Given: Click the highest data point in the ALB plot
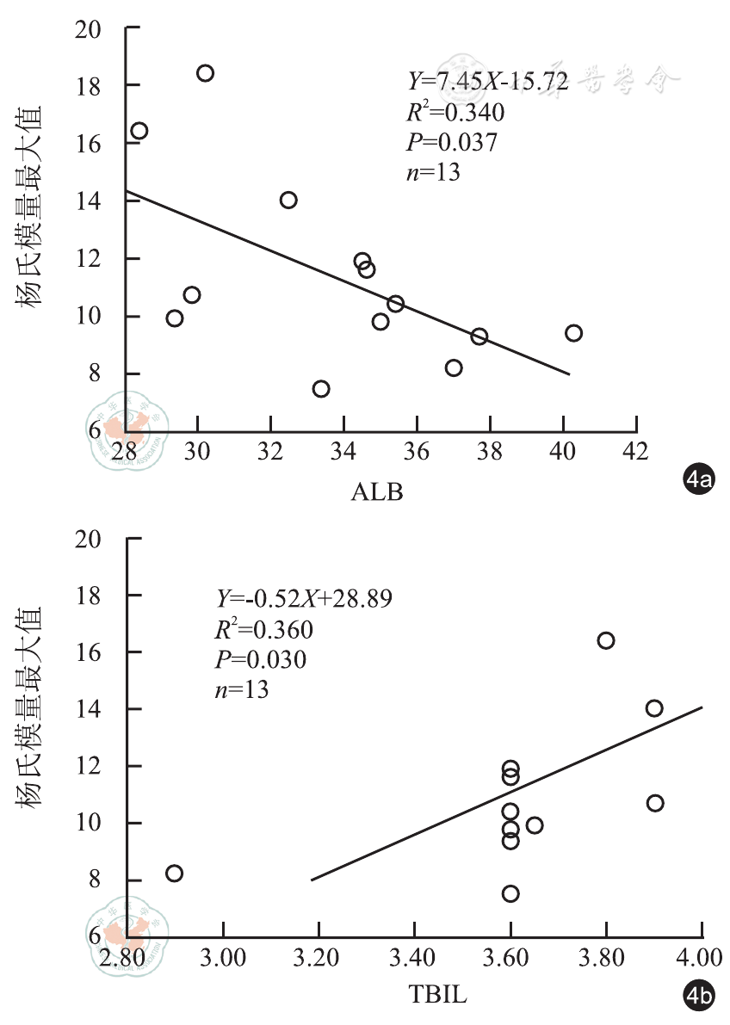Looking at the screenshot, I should click(205, 73).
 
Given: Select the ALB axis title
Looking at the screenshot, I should click(377, 492).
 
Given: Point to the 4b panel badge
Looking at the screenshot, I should click(699, 997).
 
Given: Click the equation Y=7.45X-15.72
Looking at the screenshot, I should click(488, 82).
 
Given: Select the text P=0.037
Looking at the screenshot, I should click(452, 142).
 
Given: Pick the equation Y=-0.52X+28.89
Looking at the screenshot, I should click(304, 598).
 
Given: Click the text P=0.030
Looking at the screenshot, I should click(261, 658).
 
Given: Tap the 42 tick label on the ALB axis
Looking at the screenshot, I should click(635, 450).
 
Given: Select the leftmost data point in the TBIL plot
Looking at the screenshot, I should click(174, 873).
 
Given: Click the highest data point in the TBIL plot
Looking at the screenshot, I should click(606, 640).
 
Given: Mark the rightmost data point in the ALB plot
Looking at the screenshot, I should click(573, 333).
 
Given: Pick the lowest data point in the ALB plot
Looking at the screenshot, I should click(321, 389).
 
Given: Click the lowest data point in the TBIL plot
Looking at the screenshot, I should click(510, 893).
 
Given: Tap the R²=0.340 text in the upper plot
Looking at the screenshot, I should click(455, 112).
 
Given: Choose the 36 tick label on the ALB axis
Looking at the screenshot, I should click(417, 450).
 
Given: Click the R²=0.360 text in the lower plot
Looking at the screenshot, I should click(263, 629).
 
